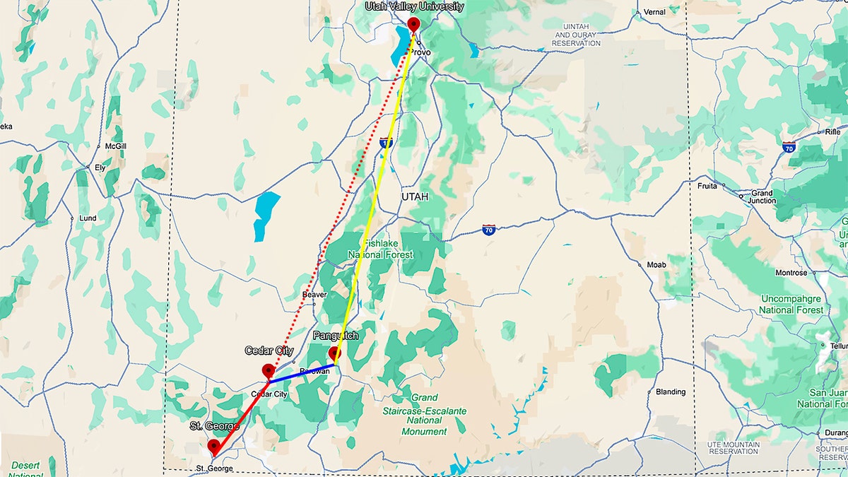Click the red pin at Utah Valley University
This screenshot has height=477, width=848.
[413, 25]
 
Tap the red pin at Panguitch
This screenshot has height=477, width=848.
[334, 353]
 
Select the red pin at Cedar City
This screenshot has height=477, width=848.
[268, 370]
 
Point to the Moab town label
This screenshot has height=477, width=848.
[656, 264]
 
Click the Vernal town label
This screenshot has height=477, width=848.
[654, 12]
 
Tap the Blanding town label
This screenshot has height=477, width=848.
[670, 391]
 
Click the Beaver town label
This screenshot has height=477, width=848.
[314, 294]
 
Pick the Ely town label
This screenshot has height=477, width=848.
[100, 167]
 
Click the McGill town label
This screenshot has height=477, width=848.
[114, 146]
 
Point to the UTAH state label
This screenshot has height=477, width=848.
[415, 196]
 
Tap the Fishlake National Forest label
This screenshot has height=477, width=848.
[379, 249]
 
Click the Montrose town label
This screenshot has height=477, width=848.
[791, 273]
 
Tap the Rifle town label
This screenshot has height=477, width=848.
[832, 131]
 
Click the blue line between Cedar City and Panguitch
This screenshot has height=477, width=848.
[302, 373]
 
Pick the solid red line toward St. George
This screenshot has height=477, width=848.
[240, 413]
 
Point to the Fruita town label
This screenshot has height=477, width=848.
[707, 187]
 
